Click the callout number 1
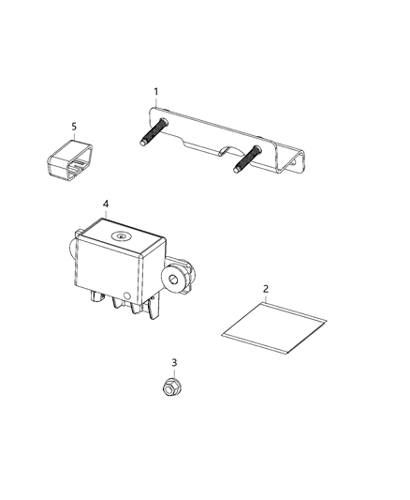click(x=156, y=91)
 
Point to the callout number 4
click(x=106, y=204)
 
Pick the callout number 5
click(x=74, y=125)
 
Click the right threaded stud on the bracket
click(x=240, y=159)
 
